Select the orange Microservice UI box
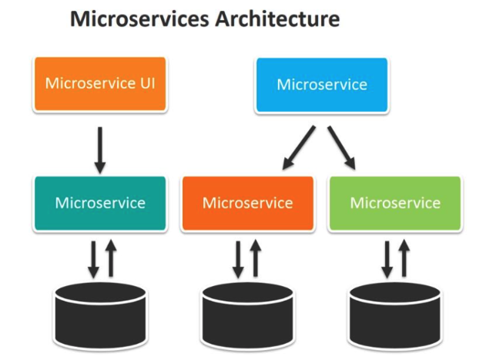point(100,83)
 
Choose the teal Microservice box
point(100,204)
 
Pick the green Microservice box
point(395,204)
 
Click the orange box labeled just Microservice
point(247,204)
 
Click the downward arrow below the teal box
point(93,258)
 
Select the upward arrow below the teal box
point(110,258)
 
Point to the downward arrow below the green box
point(387,258)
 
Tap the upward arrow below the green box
point(404,258)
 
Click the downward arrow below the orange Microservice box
point(239,258)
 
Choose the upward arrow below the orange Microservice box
point(256,258)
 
